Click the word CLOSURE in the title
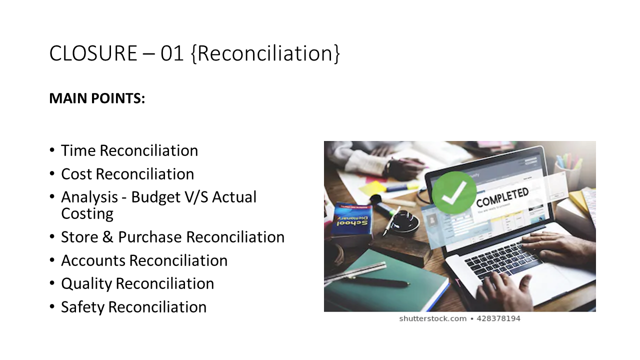click(x=92, y=53)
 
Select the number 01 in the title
click(x=172, y=53)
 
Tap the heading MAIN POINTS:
click(x=97, y=99)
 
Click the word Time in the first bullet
click(x=78, y=150)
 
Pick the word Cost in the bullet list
click(x=76, y=174)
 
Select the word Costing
click(x=87, y=213)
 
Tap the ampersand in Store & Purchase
click(x=108, y=237)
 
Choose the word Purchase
click(x=150, y=237)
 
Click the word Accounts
click(x=93, y=260)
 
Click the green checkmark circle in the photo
click(x=453, y=192)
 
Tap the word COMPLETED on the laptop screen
click(x=502, y=198)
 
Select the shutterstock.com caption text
click(x=432, y=318)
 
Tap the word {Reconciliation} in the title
click(x=265, y=53)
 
